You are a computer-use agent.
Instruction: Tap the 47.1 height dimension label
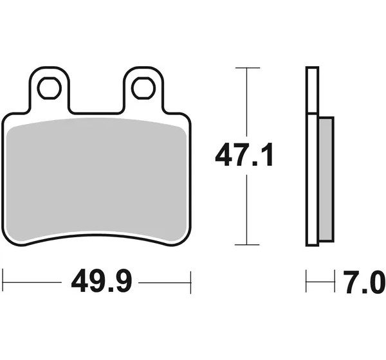(244, 155)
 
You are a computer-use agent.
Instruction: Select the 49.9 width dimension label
(102, 280)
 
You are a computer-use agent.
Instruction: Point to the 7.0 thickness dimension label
(364, 282)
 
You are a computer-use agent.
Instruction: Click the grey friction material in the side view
(326, 179)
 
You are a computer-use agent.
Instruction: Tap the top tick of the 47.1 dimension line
(248, 67)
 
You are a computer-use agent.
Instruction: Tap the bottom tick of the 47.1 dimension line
(247, 244)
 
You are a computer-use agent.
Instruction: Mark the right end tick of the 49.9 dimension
(190, 282)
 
